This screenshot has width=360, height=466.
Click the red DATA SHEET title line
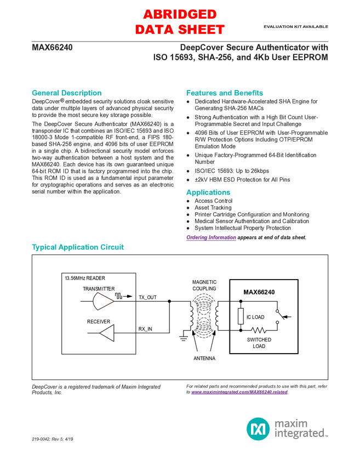(180, 29)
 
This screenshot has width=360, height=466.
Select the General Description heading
(67, 92)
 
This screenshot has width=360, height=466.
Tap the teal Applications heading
(208, 192)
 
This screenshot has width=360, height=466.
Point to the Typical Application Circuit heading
(78, 247)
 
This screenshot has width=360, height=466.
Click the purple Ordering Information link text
(210, 238)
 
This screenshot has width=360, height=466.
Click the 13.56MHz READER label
(84, 279)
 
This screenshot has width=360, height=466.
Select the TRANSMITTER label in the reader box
(99, 288)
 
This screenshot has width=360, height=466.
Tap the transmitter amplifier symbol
(102, 300)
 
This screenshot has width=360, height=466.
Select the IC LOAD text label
(255, 317)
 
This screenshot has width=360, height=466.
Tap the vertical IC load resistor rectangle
(241, 316)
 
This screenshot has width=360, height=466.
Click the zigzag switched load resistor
(259, 330)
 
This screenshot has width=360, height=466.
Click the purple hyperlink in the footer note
(239, 393)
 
